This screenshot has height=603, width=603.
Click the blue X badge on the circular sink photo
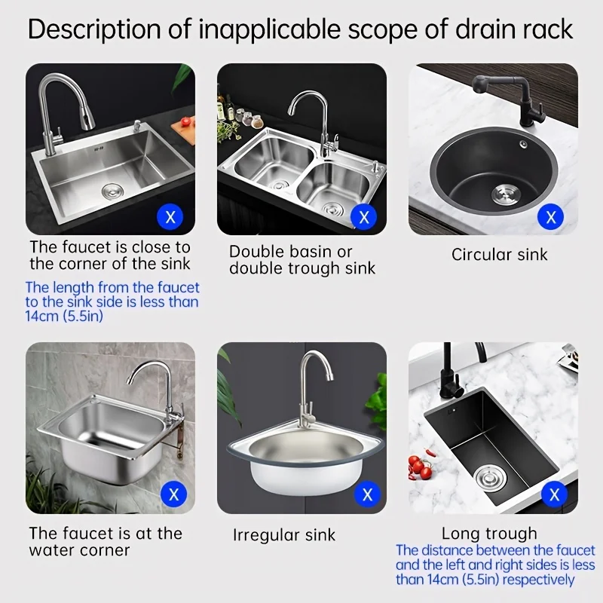tap(551, 218)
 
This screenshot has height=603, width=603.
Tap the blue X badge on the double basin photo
tap(365, 218)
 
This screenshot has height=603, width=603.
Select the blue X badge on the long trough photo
tap(556, 495)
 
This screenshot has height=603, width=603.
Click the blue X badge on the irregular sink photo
tap(367, 495)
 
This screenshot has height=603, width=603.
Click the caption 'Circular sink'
tap(499, 254)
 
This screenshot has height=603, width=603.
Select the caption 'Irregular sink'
tap(284, 535)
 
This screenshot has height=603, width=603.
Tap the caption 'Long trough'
tap(489, 534)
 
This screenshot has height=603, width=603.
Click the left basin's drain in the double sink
tap(278, 184)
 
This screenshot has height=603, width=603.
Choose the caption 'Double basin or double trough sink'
tap(302, 259)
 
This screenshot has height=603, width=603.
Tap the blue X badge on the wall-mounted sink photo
tap(175, 495)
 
